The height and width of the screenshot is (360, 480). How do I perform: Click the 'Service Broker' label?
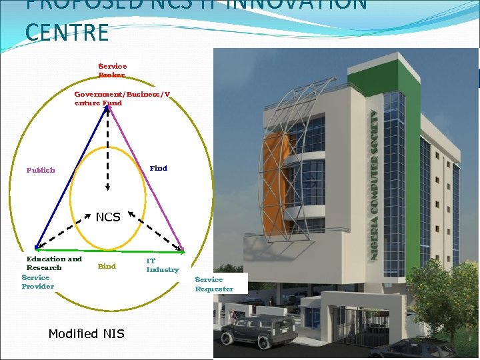112,71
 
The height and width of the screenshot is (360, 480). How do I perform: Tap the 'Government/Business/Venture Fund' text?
122,99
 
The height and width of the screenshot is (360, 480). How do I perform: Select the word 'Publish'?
41,170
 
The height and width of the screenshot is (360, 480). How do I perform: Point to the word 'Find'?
159,168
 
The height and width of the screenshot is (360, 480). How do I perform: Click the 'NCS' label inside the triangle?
108,217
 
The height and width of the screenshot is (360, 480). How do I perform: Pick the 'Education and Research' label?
53,263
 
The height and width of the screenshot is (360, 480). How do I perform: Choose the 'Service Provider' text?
37,282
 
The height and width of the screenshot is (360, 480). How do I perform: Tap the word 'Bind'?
107,266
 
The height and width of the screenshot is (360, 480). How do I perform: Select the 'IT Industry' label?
162,265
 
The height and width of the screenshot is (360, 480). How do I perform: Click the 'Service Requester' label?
214,284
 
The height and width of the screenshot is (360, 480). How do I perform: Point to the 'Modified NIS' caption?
86,333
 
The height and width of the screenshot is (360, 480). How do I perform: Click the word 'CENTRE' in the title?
67,32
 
